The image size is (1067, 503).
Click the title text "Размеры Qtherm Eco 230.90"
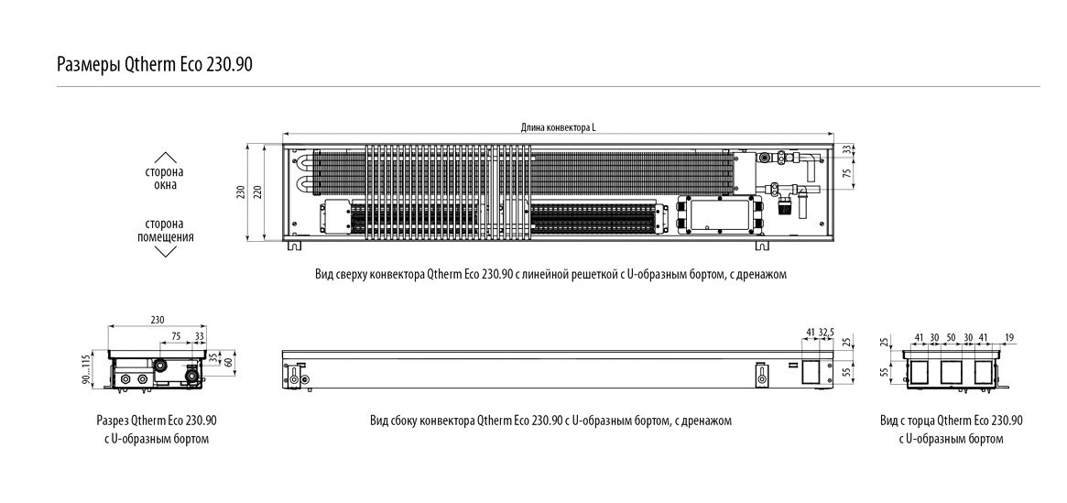(x=154, y=65)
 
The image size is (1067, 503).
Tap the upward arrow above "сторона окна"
(x=165, y=157)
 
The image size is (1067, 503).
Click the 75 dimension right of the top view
(x=847, y=172)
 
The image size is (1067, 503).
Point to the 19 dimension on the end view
(x=1009, y=338)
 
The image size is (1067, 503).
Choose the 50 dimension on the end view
(x=951, y=338)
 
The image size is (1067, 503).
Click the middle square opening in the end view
(x=951, y=370)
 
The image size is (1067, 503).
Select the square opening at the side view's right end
(x=811, y=370)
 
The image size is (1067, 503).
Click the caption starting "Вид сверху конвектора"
(x=550, y=274)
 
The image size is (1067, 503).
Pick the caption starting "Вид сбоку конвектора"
(x=550, y=421)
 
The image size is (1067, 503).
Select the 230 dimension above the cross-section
(x=157, y=320)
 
